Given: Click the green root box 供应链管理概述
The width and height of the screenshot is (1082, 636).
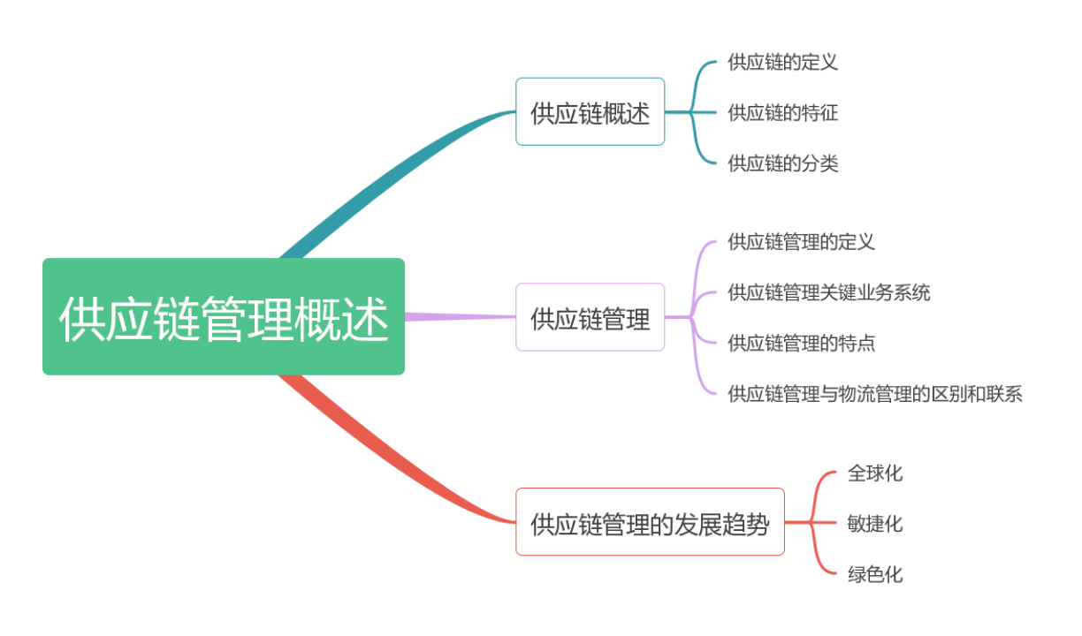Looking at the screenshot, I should pos(224,316).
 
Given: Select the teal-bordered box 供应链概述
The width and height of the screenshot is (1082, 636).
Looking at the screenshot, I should pos(590,112).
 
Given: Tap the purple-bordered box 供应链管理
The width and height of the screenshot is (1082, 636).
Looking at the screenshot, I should pos(590,317).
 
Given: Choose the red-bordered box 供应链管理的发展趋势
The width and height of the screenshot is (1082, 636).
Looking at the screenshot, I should pos(650,522).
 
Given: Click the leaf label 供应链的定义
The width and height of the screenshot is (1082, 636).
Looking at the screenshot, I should pos(782,62).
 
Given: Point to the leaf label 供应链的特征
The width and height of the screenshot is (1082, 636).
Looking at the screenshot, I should pos(782,112).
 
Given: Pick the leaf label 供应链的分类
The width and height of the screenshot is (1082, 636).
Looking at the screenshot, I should pos(782,163).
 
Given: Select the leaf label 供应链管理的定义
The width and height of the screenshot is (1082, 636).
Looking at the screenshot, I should pos(801,241).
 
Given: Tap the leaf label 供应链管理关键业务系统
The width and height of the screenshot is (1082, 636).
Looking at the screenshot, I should pos(828,292).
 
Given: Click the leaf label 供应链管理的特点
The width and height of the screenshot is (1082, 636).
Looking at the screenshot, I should pos(801,343).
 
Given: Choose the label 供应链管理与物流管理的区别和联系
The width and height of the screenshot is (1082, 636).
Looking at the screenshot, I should pos(874,394).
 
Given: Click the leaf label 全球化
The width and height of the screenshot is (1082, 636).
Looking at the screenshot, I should pos(874,473).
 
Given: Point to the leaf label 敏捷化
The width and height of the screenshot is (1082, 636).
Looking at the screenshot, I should pos(874,524).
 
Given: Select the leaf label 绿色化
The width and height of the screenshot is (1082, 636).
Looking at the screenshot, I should pos(874,575).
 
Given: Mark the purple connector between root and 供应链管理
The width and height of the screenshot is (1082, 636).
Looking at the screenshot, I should pos(460,316).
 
